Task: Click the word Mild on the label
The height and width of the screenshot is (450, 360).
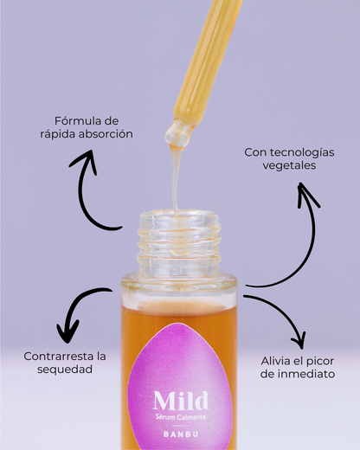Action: (180, 400)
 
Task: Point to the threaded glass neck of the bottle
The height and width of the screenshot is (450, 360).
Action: (179, 242)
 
